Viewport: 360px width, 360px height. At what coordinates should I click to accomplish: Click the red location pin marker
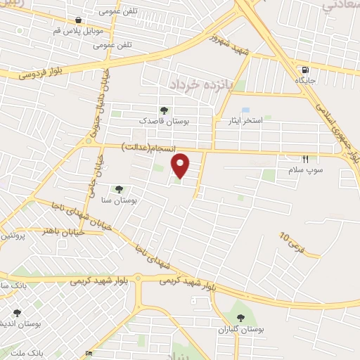[181, 165]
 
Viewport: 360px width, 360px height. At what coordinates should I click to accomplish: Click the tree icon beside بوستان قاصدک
[164, 110]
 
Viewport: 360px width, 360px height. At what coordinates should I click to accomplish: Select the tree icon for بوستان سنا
[118, 188]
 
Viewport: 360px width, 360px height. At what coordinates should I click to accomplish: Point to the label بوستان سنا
[118, 200]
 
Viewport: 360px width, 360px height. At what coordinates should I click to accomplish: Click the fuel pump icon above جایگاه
[304, 69]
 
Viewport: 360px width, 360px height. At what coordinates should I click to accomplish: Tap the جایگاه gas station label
[304, 81]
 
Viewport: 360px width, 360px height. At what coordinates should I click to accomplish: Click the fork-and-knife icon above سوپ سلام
[304, 159]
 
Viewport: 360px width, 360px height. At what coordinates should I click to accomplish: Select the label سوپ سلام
[304, 170]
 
